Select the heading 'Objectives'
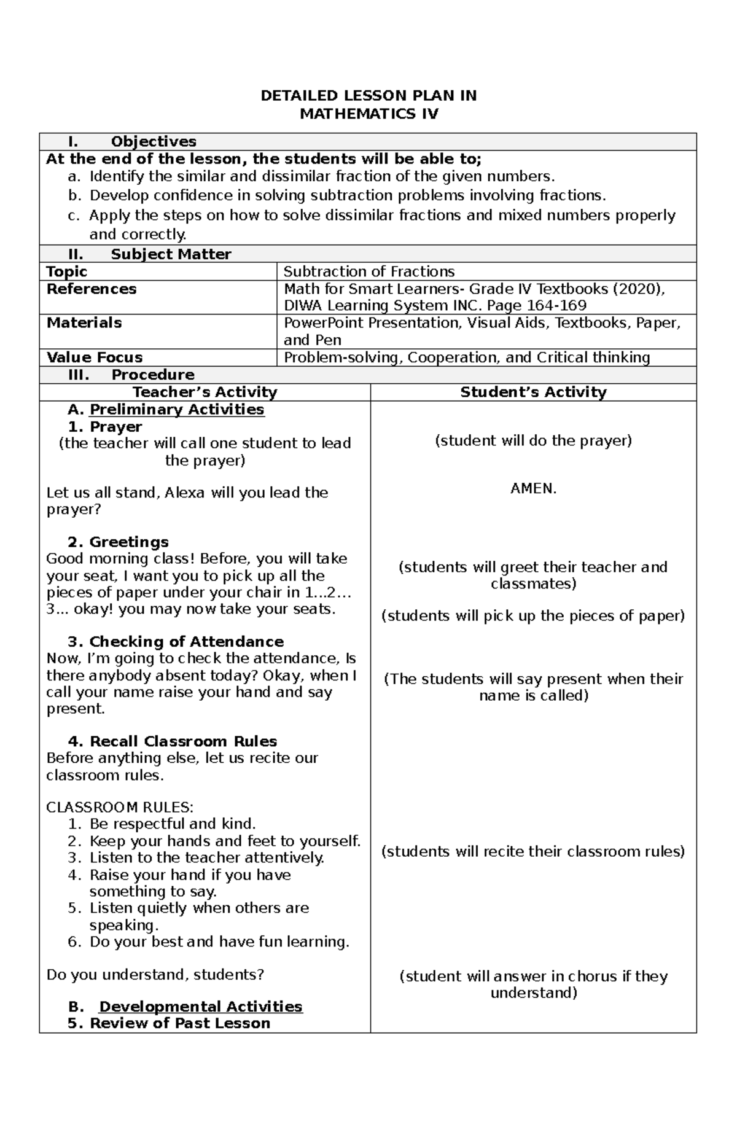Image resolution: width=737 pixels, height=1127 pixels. [x=154, y=142]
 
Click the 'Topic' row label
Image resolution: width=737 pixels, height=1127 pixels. [x=67, y=271]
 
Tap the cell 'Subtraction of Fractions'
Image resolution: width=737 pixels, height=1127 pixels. [x=369, y=271]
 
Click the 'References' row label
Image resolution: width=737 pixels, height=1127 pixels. [x=92, y=289]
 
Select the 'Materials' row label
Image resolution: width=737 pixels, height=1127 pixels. [x=84, y=323]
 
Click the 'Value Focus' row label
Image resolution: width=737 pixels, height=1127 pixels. [x=95, y=357]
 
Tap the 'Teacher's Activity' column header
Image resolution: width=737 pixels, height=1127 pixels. [x=205, y=392]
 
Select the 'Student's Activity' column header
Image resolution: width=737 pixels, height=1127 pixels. [x=533, y=392]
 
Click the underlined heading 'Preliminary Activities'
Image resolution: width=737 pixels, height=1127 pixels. [x=177, y=410]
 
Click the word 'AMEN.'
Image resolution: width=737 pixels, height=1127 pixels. [x=533, y=489]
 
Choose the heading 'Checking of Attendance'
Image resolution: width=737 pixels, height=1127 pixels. [x=186, y=642]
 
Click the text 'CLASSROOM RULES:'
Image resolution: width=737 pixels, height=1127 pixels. [x=120, y=807]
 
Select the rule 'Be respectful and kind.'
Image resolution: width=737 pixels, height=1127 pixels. [x=173, y=824]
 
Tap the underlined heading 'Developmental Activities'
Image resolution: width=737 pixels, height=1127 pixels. [x=201, y=1007]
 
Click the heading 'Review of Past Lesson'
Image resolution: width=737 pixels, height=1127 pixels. [x=179, y=1023]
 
